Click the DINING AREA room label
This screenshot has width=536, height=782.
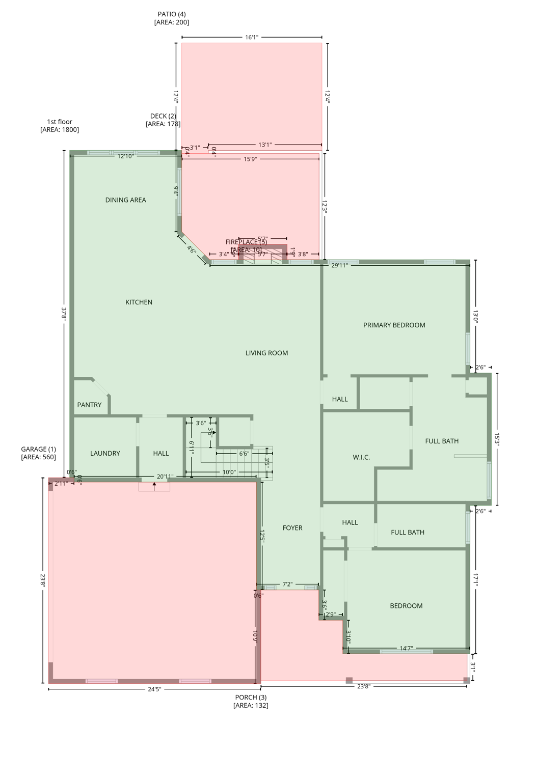[x=125, y=200]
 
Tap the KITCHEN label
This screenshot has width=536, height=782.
[x=139, y=302]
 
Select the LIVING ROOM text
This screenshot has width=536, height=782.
[x=266, y=353]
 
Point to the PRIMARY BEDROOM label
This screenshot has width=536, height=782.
[x=394, y=325]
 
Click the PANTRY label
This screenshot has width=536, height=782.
[x=89, y=405]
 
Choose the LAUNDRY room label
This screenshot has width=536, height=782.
[x=105, y=453]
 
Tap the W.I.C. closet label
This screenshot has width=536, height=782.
[x=361, y=457]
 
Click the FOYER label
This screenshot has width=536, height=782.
[x=292, y=528]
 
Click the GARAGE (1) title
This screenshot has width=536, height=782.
[x=38, y=449]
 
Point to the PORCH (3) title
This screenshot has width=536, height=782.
[x=251, y=697]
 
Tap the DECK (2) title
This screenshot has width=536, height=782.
[x=163, y=116]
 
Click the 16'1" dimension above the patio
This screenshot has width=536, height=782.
[x=252, y=37]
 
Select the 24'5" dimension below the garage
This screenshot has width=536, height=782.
[x=154, y=689]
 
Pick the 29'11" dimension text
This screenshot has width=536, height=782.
[x=339, y=265]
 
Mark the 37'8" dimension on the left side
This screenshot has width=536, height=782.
[x=64, y=314]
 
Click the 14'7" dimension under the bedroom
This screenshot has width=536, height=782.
[x=406, y=648]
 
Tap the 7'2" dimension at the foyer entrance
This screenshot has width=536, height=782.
[x=287, y=584]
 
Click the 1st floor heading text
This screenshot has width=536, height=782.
[x=60, y=122]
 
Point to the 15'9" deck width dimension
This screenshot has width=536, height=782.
[x=250, y=159]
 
